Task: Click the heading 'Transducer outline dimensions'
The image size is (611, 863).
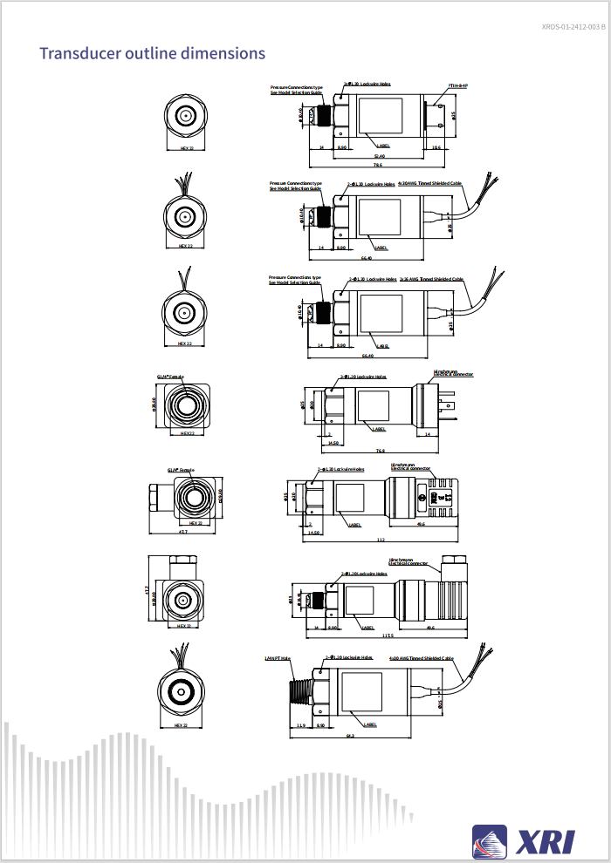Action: [x=152, y=53]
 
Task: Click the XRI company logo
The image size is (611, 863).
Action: [x=524, y=840]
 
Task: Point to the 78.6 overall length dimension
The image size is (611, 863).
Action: [x=377, y=165]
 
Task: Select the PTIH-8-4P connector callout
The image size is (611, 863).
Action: [x=458, y=85]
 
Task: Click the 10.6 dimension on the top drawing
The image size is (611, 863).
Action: [x=436, y=147]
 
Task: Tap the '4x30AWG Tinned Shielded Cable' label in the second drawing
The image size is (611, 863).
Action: [x=429, y=185]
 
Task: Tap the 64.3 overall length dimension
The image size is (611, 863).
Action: [x=350, y=736]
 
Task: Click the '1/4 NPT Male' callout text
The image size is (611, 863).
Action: [x=277, y=658]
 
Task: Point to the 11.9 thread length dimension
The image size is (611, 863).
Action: [x=300, y=725]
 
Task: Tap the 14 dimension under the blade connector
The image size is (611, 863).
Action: [x=428, y=433]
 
